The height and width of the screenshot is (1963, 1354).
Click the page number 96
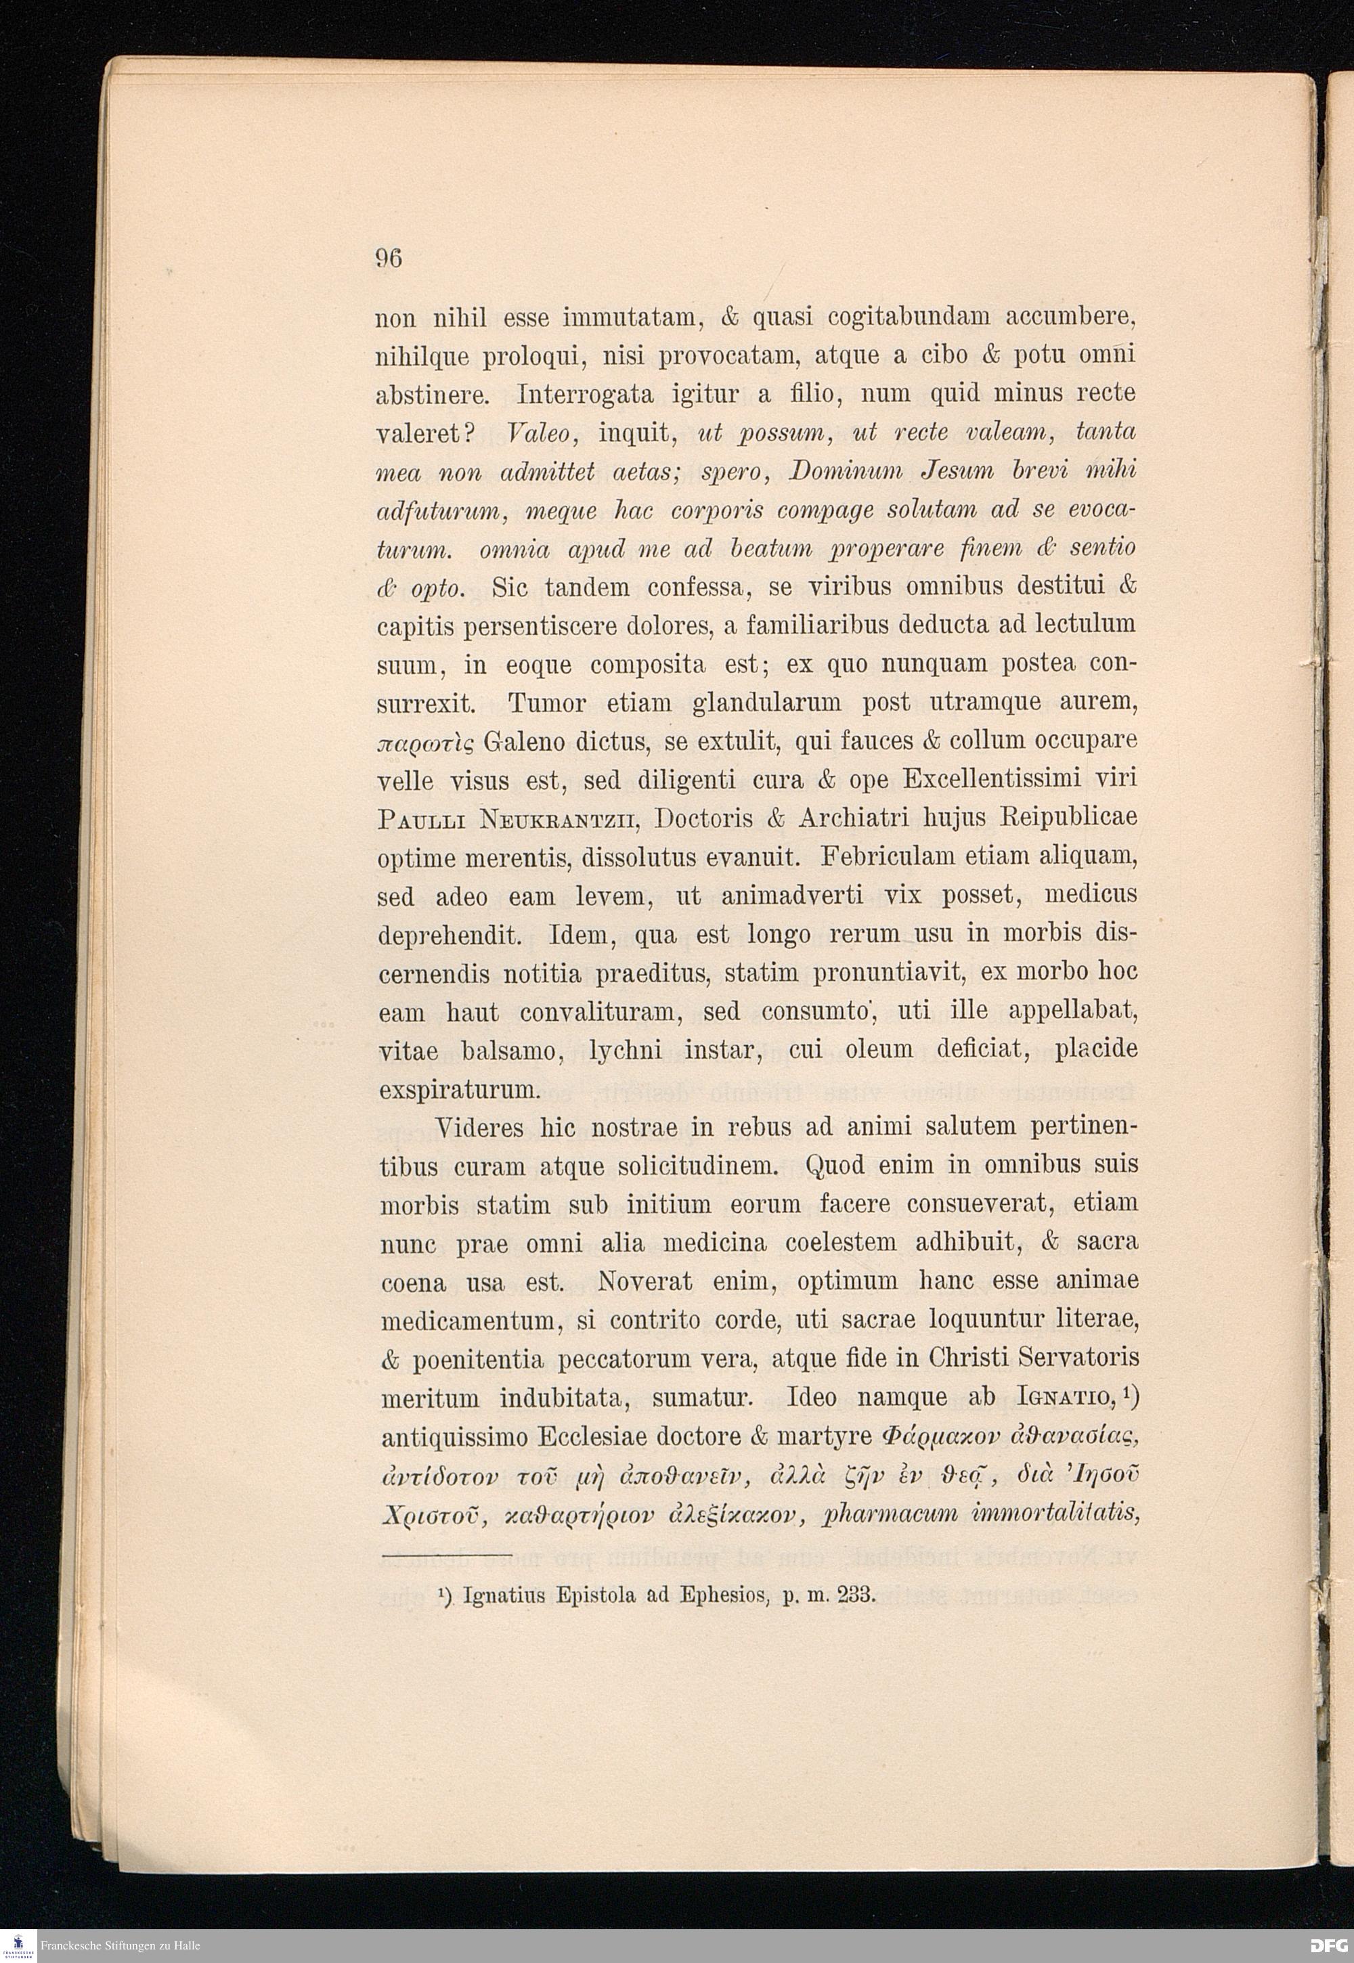pos(389,257)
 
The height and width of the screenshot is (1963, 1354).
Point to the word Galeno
pos(523,741)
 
